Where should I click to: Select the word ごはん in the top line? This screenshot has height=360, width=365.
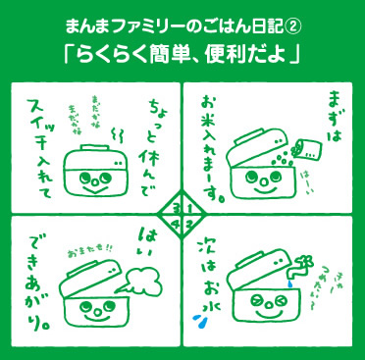[x=210, y=21]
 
